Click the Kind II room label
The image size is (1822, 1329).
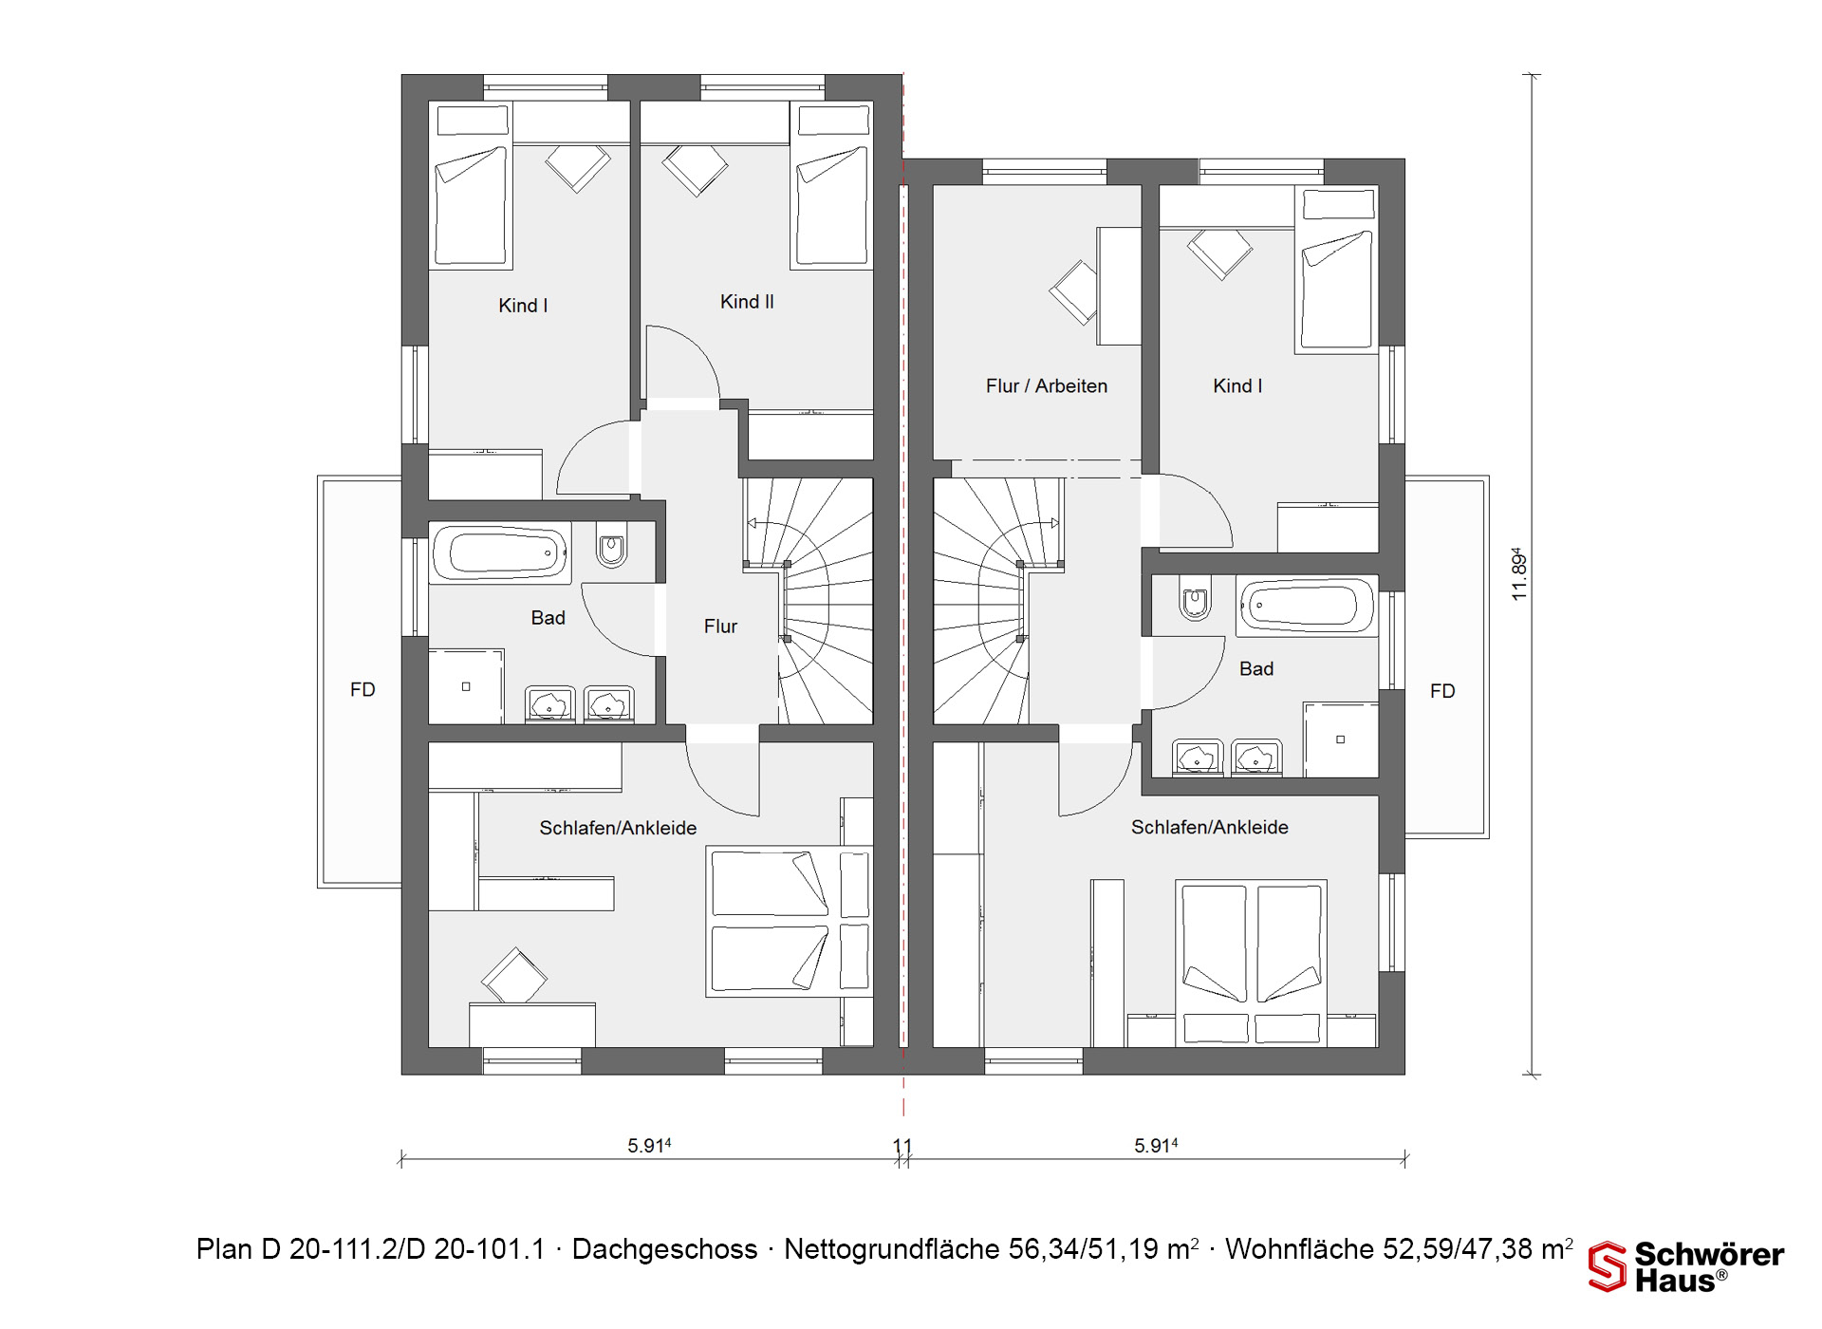coord(747,302)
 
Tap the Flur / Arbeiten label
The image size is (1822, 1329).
coord(1047,386)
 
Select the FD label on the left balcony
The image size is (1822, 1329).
coord(363,690)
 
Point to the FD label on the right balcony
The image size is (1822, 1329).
coord(1442,691)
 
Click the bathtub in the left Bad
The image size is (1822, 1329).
coord(501,552)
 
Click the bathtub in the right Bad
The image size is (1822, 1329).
coord(1306,606)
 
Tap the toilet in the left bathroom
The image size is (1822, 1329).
coord(612,546)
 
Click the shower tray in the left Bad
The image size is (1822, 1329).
coord(466,686)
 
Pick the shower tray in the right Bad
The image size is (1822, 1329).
coord(1340,739)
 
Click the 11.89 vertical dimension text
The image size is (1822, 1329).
coord(1519,573)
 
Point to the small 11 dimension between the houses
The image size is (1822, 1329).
coord(902,1147)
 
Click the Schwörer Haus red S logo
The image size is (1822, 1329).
coord(1608,1266)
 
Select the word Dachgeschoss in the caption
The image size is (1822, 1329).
coord(664,1249)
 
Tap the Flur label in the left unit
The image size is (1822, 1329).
coord(720,627)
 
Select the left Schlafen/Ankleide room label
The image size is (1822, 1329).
coord(618,828)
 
